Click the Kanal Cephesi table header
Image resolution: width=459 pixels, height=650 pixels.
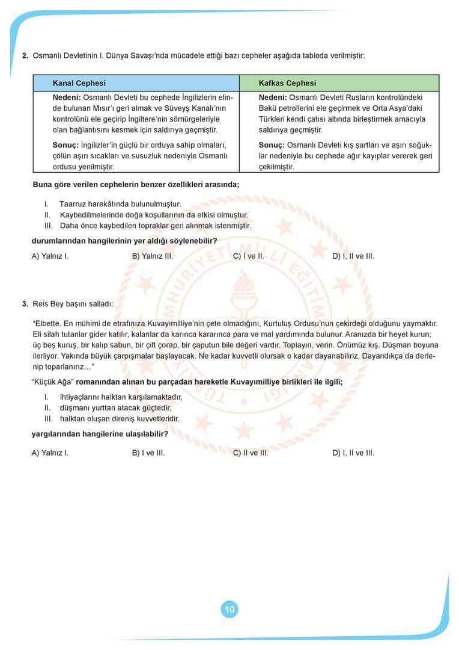tap(79, 83)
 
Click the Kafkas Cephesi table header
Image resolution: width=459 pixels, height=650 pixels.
tap(287, 83)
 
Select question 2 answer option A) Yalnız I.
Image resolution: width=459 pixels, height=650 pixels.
tap(50, 256)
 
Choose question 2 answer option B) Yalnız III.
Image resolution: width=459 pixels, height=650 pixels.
tap(153, 256)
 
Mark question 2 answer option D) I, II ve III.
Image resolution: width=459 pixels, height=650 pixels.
tap(353, 256)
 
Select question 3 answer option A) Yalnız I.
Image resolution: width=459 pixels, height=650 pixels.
tap(50, 453)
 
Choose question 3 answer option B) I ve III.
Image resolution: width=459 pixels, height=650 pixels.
tap(148, 453)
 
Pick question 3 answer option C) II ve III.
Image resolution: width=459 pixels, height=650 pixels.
tap(251, 453)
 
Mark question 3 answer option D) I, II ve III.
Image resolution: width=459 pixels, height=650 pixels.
tap(353, 453)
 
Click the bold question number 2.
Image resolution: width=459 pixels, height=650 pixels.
tap(25, 56)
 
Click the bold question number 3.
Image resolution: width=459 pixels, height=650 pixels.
tap(25, 304)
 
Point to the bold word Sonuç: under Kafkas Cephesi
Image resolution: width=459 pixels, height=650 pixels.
tap(272, 145)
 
